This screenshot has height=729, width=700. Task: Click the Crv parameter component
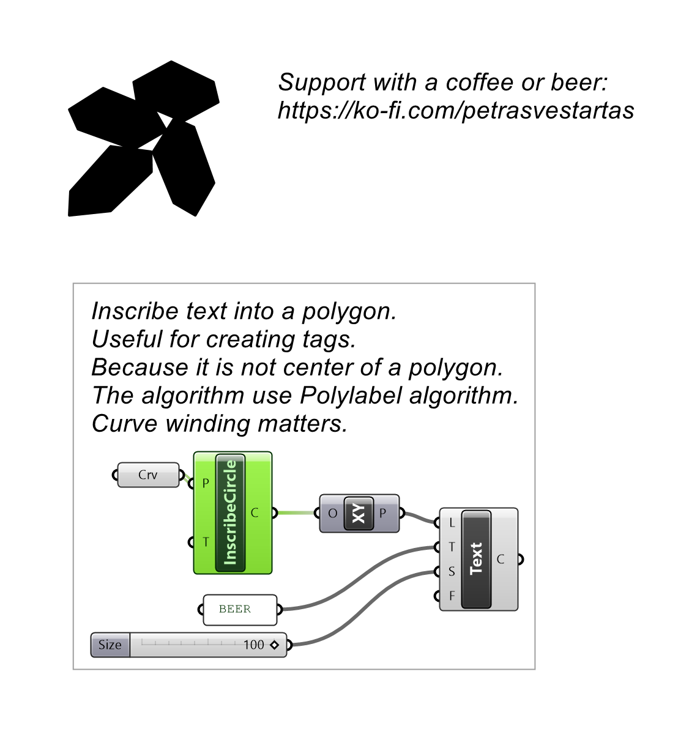148,475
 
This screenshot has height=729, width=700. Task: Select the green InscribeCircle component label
230,513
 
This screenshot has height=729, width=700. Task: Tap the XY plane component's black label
359,513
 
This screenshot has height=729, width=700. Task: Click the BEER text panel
240,609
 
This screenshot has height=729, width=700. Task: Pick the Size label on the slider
110,645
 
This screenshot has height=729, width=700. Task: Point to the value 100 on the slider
253,645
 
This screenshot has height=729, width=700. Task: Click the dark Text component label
476,559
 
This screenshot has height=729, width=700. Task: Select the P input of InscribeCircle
206,484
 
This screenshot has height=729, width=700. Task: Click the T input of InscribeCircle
206,542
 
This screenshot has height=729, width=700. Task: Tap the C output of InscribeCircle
255,513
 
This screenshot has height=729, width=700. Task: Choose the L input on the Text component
452,523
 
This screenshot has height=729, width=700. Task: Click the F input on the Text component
452,596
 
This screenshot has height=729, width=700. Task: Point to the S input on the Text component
452,571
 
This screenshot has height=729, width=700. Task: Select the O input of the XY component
332,513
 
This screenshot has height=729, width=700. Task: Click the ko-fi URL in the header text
456,111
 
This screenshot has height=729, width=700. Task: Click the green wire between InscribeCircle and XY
296,513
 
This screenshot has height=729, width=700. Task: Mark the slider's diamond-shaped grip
274,645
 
